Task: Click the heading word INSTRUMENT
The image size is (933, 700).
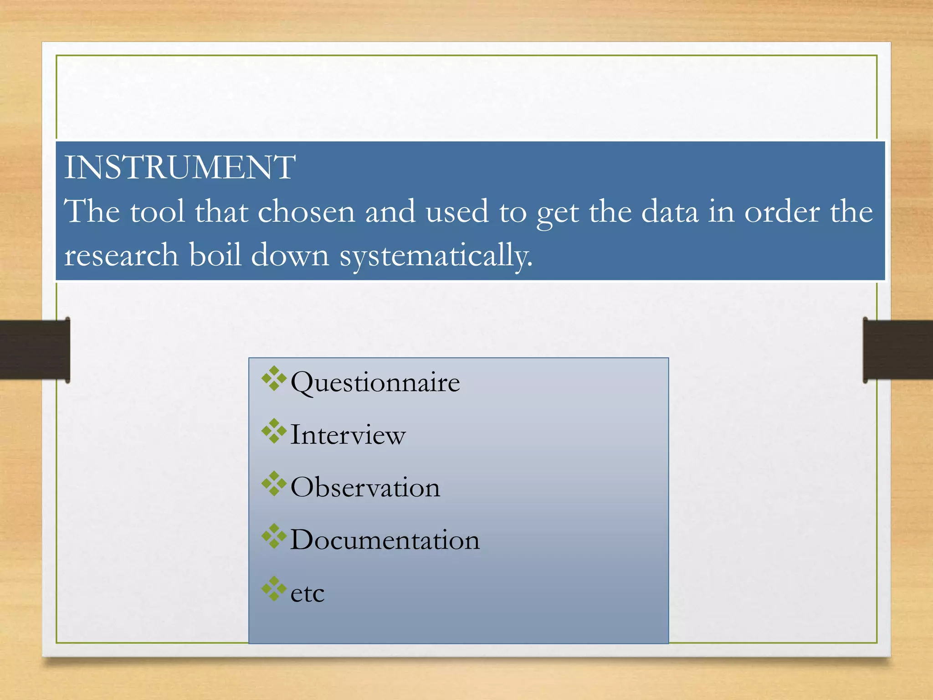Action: click(x=179, y=167)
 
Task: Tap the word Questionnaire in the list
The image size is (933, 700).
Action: click(x=375, y=382)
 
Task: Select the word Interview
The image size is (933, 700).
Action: click(x=348, y=435)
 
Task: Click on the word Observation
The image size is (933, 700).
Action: click(x=365, y=487)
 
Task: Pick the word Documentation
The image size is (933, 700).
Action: click(x=385, y=540)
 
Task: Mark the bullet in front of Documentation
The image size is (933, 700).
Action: click(x=274, y=536)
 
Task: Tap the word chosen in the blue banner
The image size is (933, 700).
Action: click(x=306, y=212)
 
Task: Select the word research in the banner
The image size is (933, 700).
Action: click(x=121, y=255)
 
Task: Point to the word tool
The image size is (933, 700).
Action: click(x=158, y=212)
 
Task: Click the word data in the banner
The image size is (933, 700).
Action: click(x=670, y=212)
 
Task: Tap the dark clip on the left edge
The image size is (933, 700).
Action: click(x=35, y=350)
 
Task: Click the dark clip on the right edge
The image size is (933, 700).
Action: click(x=897, y=350)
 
